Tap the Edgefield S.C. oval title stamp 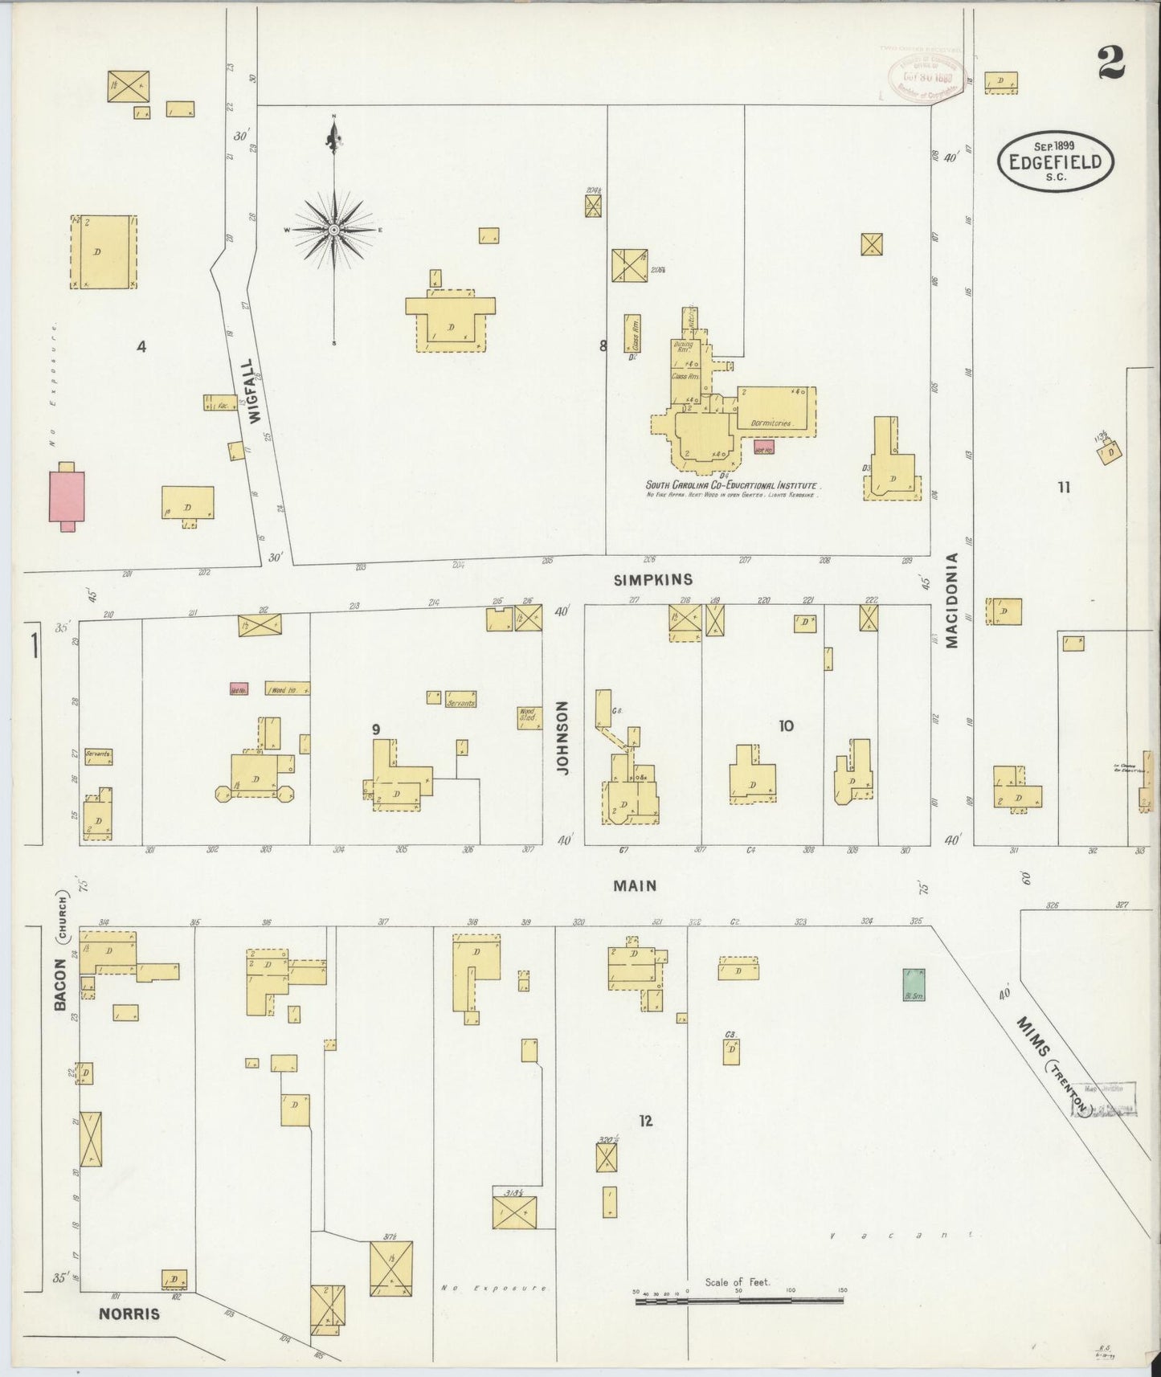click(x=1055, y=161)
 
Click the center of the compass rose click(x=333, y=230)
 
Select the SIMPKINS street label click(x=652, y=579)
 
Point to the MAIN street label click(x=635, y=885)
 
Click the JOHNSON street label click(x=562, y=738)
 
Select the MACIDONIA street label click(x=952, y=600)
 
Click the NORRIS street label click(x=129, y=1314)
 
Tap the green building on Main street click(x=914, y=984)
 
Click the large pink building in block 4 click(x=67, y=496)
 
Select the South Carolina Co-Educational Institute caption click(x=732, y=485)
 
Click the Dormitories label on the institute click(x=771, y=423)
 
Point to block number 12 click(x=645, y=1121)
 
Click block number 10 click(x=786, y=725)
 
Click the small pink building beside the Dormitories click(x=763, y=447)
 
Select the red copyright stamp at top click(x=926, y=78)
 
